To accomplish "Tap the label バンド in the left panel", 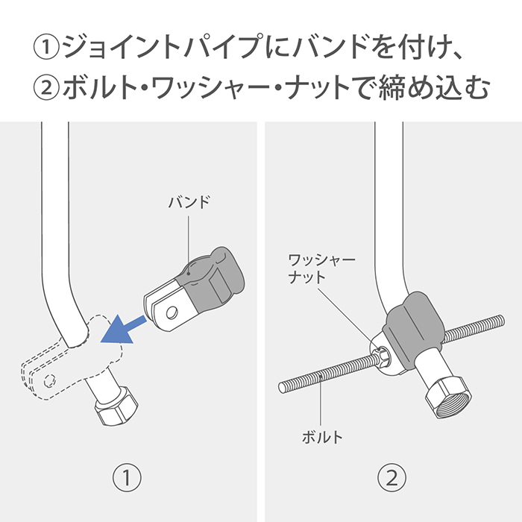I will pyautogui.click(x=189, y=202).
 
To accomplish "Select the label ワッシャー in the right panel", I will pyautogui.click(x=321, y=260).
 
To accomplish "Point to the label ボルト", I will pyautogui.click(x=322, y=437).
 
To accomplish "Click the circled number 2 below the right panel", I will pyautogui.click(x=392, y=476).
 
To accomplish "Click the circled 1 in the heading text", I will pyautogui.click(x=46, y=48).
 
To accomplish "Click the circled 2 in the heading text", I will pyautogui.click(x=46, y=88).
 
